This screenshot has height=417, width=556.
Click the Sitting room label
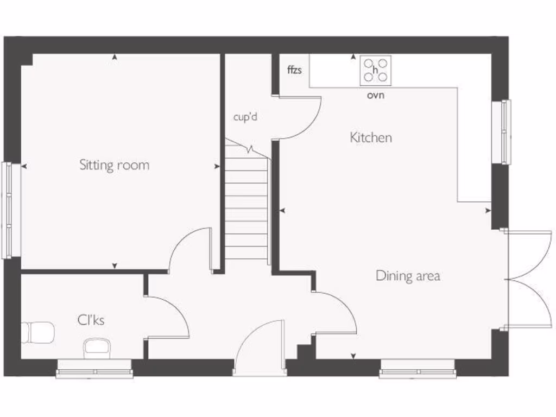[114, 165]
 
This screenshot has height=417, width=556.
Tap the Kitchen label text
[371, 138]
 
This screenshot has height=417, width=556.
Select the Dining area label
[408, 276]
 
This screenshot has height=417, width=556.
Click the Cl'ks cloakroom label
[91, 320]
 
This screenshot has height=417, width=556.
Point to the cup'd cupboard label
[245, 117]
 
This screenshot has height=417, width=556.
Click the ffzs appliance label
[294, 70]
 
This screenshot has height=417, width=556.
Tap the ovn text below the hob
[375, 96]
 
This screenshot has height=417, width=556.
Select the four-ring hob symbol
[375, 71]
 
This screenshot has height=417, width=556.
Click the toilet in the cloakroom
[38, 332]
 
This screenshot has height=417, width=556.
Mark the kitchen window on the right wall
[506, 132]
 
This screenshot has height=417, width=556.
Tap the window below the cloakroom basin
[95, 372]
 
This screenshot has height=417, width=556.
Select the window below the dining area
[418, 372]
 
